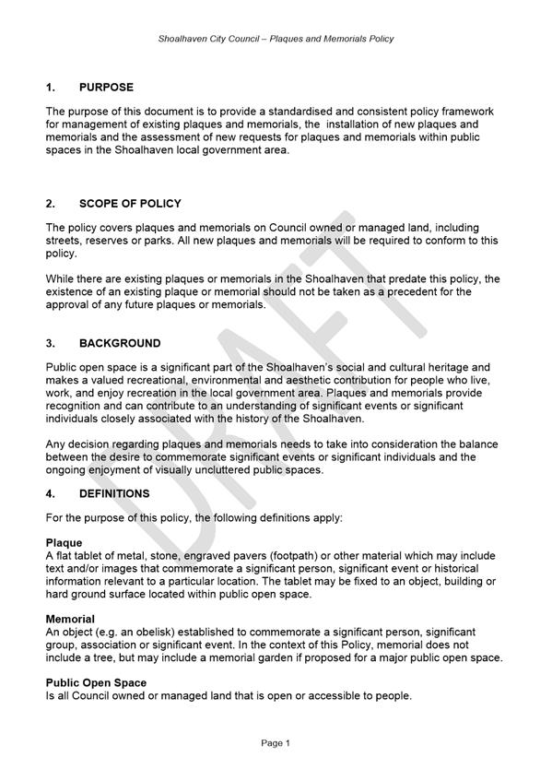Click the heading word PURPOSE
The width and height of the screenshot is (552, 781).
point(106,88)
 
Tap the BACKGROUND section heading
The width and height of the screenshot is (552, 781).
point(120,343)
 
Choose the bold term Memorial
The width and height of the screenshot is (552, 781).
point(70,618)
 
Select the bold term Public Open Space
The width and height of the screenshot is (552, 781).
point(98,681)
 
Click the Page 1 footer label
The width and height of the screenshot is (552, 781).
point(276,742)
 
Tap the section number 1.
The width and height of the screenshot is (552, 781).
point(52,88)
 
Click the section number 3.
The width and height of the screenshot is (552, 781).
point(52,343)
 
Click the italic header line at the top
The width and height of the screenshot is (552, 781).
point(276,39)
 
